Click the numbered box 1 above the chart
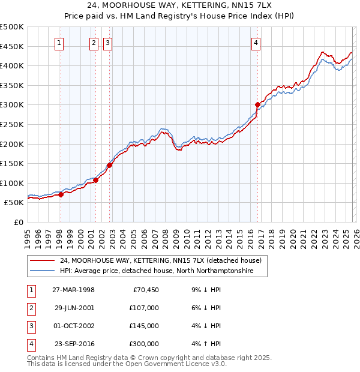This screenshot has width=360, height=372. click(x=60, y=43)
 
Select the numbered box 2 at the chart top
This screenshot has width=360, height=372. click(x=94, y=43)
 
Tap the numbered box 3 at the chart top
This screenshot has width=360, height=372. click(x=107, y=43)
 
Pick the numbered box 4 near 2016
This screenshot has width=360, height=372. click(x=256, y=43)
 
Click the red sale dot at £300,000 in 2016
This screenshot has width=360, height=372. click(x=257, y=104)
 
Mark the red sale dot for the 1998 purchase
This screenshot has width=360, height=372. click(x=61, y=194)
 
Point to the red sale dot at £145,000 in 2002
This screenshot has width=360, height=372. click(x=109, y=165)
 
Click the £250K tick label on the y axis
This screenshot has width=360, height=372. click(x=12, y=124)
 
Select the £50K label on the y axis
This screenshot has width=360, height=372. click(x=14, y=203)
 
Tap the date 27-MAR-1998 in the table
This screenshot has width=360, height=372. click(x=73, y=290)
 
